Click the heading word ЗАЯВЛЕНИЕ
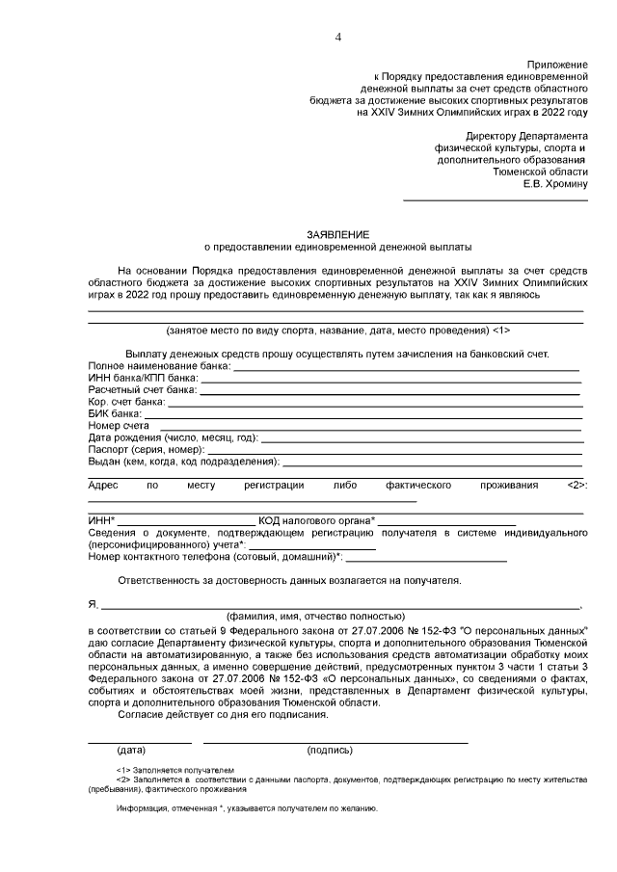tap(337, 234)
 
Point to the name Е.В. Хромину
tap(554, 182)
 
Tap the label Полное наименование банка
tap(159, 366)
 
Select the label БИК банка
tap(115, 413)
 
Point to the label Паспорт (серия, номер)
tap(146, 449)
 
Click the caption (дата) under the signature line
tap(130, 749)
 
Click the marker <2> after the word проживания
tap(576, 485)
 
